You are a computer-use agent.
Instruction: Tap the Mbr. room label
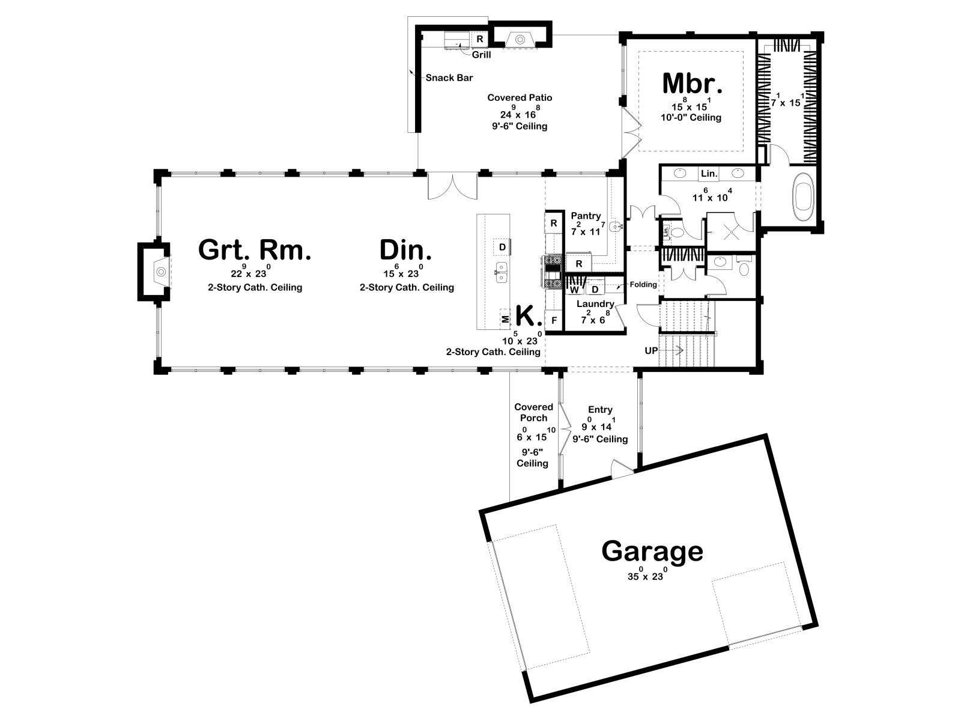point(692,84)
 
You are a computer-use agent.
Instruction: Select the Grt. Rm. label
point(255,250)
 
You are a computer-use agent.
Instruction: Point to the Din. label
point(405,250)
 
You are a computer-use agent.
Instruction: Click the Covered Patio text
point(520,97)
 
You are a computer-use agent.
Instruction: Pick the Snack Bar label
point(449,78)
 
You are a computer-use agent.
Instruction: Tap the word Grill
point(481,55)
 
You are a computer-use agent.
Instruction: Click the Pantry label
point(586,216)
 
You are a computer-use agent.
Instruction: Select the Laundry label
point(595,304)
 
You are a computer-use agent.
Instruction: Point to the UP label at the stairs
point(651,351)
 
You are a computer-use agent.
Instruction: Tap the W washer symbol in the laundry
point(574,290)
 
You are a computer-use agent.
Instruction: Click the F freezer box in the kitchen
point(554,320)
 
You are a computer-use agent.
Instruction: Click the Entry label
point(600,410)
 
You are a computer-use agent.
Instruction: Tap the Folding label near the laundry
point(643,285)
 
